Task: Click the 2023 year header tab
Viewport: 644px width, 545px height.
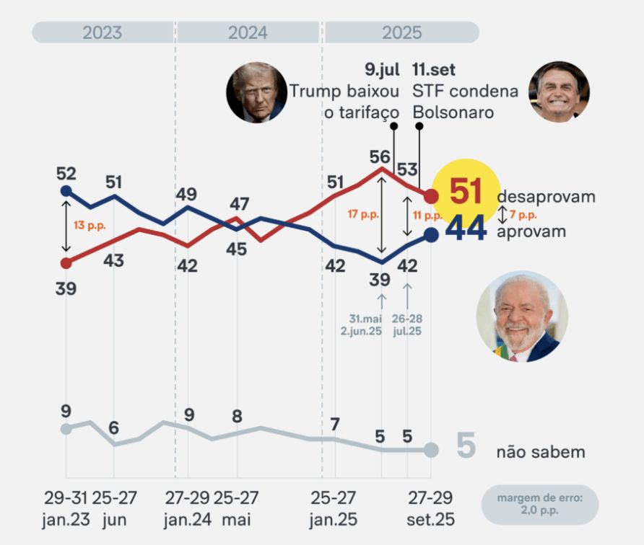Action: [x=103, y=32]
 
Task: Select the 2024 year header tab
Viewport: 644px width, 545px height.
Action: [x=248, y=32]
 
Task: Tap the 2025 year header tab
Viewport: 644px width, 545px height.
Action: [x=402, y=32]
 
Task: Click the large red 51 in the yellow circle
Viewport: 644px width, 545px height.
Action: [x=466, y=192]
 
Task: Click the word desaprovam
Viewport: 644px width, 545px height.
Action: [x=546, y=197]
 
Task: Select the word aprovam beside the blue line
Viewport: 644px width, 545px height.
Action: [x=531, y=231]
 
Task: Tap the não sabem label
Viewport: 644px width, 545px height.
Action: [x=540, y=452]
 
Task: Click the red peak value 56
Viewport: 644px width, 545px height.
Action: [x=380, y=156]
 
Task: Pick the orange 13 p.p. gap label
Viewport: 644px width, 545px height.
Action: [x=90, y=226]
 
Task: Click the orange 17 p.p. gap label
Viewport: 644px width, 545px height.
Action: [x=362, y=215]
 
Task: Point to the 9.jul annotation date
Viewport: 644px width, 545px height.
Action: [x=382, y=70]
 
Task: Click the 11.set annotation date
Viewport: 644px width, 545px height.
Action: [x=433, y=70]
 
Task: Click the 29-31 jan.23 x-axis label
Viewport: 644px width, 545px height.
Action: [x=66, y=508]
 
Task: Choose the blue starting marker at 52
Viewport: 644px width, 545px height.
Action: [x=66, y=190]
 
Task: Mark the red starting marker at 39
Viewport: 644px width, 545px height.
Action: [x=66, y=262]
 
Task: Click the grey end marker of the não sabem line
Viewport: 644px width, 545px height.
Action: [x=431, y=450]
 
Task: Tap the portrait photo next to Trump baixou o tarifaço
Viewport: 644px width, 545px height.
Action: [x=256, y=92]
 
